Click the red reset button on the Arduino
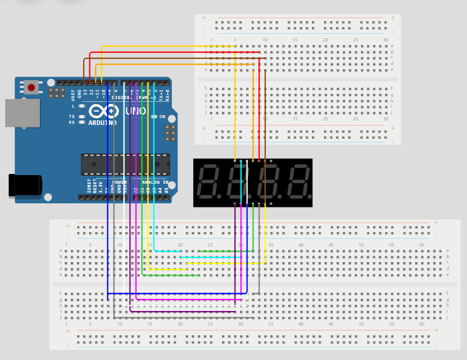(x=31, y=88)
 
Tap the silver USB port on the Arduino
(x=22, y=113)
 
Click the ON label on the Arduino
(x=163, y=117)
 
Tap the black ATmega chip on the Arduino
(x=125, y=164)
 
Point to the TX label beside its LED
(x=72, y=116)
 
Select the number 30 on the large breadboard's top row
(x=240, y=245)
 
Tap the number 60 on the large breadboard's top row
(x=421, y=245)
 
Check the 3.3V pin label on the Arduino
(x=100, y=185)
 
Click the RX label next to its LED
(x=72, y=123)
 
